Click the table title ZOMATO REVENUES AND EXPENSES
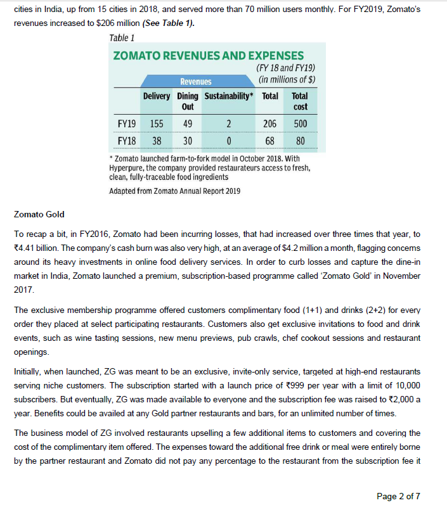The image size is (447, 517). pyautogui.click(x=208, y=56)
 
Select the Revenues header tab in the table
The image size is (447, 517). pyautogui.click(x=195, y=82)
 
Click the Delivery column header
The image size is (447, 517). pyautogui.click(x=156, y=96)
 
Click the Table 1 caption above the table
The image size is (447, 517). pyautogui.click(x=122, y=38)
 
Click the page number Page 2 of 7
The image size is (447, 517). pyautogui.click(x=398, y=496)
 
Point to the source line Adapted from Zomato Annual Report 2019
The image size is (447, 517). pyautogui.click(x=174, y=191)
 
